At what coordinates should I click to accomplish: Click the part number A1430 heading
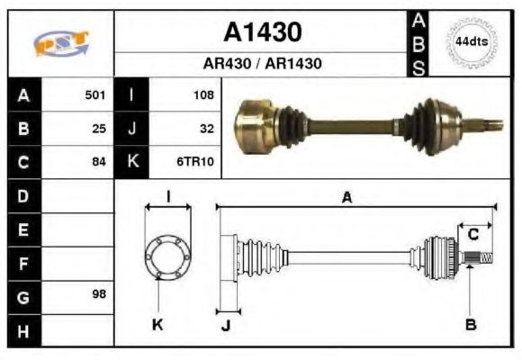262,32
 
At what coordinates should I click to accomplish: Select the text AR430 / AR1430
262,64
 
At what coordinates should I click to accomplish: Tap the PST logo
60,43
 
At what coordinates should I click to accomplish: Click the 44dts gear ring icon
471,42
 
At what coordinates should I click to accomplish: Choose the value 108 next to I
202,94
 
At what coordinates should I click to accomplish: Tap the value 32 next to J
206,128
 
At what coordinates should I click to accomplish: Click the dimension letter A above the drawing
346,198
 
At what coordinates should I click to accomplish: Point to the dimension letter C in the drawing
472,236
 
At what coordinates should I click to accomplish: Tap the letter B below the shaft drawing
470,324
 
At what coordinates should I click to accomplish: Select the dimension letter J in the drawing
226,325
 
